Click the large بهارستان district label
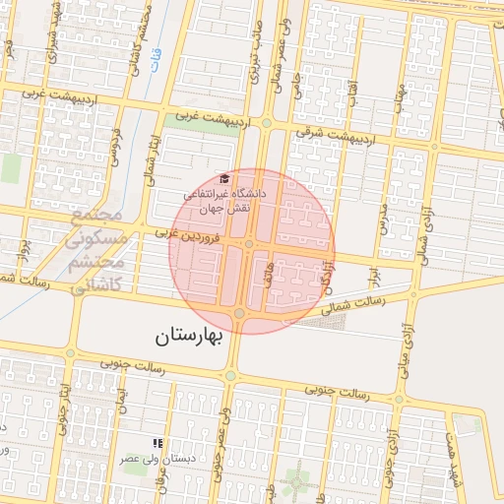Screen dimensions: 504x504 [190, 337]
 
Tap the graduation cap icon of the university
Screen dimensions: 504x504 [224, 178]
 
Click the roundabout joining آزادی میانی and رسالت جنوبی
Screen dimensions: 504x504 [399, 399]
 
